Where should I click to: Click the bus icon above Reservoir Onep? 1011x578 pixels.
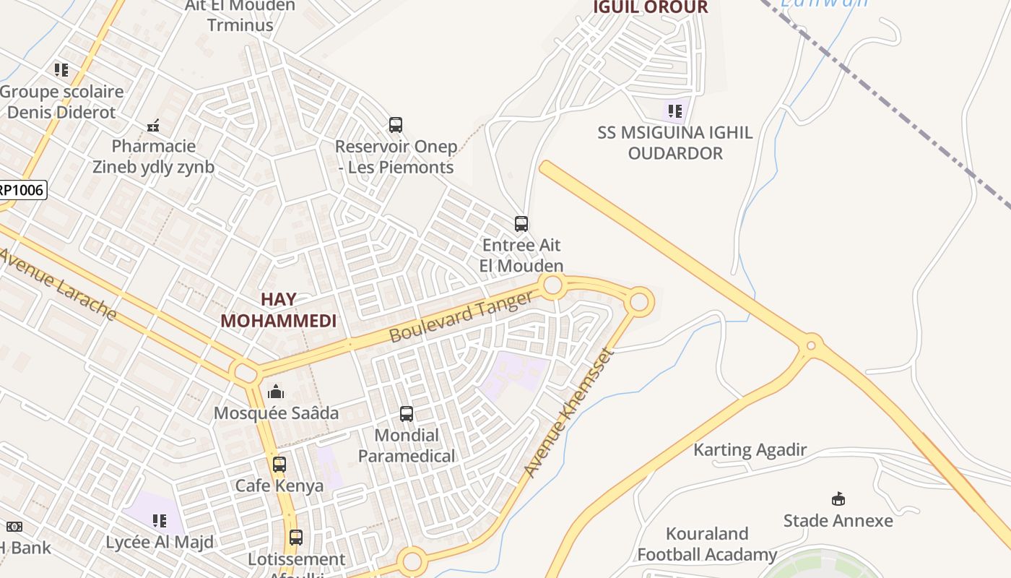click(x=395, y=125)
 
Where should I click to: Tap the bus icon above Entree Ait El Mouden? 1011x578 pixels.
click(x=521, y=224)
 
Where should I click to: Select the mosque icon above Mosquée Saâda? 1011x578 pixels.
click(x=276, y=392)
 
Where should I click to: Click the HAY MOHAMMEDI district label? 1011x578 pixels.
click(x=279, y=310)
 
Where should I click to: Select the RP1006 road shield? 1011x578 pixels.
click(x=22, y=191)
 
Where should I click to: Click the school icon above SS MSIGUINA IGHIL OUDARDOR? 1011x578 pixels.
click(x=674, y=111)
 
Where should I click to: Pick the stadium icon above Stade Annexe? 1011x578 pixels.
click(x=838, y=499)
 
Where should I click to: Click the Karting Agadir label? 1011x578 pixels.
click(x=750, y=449)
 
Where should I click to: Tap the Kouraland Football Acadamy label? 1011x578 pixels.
click(x=706, y=544)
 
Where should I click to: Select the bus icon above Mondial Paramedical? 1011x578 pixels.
click(x=407, y=414)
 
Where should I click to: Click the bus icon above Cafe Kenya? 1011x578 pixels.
click(x=279, y=465)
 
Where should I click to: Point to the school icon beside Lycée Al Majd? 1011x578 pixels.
click(x=160, y=520)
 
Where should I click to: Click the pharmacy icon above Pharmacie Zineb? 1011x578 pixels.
click(x=153, y=126)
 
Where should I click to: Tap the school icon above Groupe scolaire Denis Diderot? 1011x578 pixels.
click(x=61, y=70)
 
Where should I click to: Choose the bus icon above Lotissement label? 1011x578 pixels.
click(x=296, y=538)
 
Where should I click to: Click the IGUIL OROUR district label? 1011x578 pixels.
click(x=650, y=7)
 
